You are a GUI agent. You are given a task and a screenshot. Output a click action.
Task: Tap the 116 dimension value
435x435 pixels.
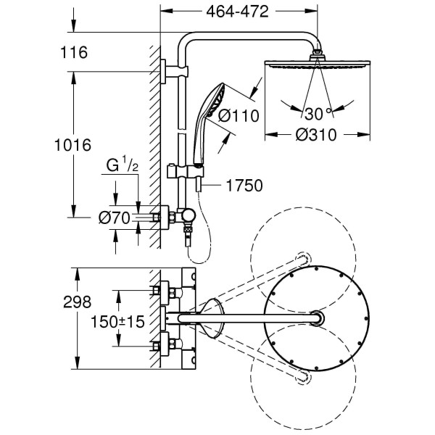75,52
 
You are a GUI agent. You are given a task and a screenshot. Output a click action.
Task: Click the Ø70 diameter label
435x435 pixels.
115,217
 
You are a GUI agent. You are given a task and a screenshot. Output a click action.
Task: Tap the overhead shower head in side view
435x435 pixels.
318,63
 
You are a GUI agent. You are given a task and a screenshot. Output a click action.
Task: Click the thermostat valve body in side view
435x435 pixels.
178,216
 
